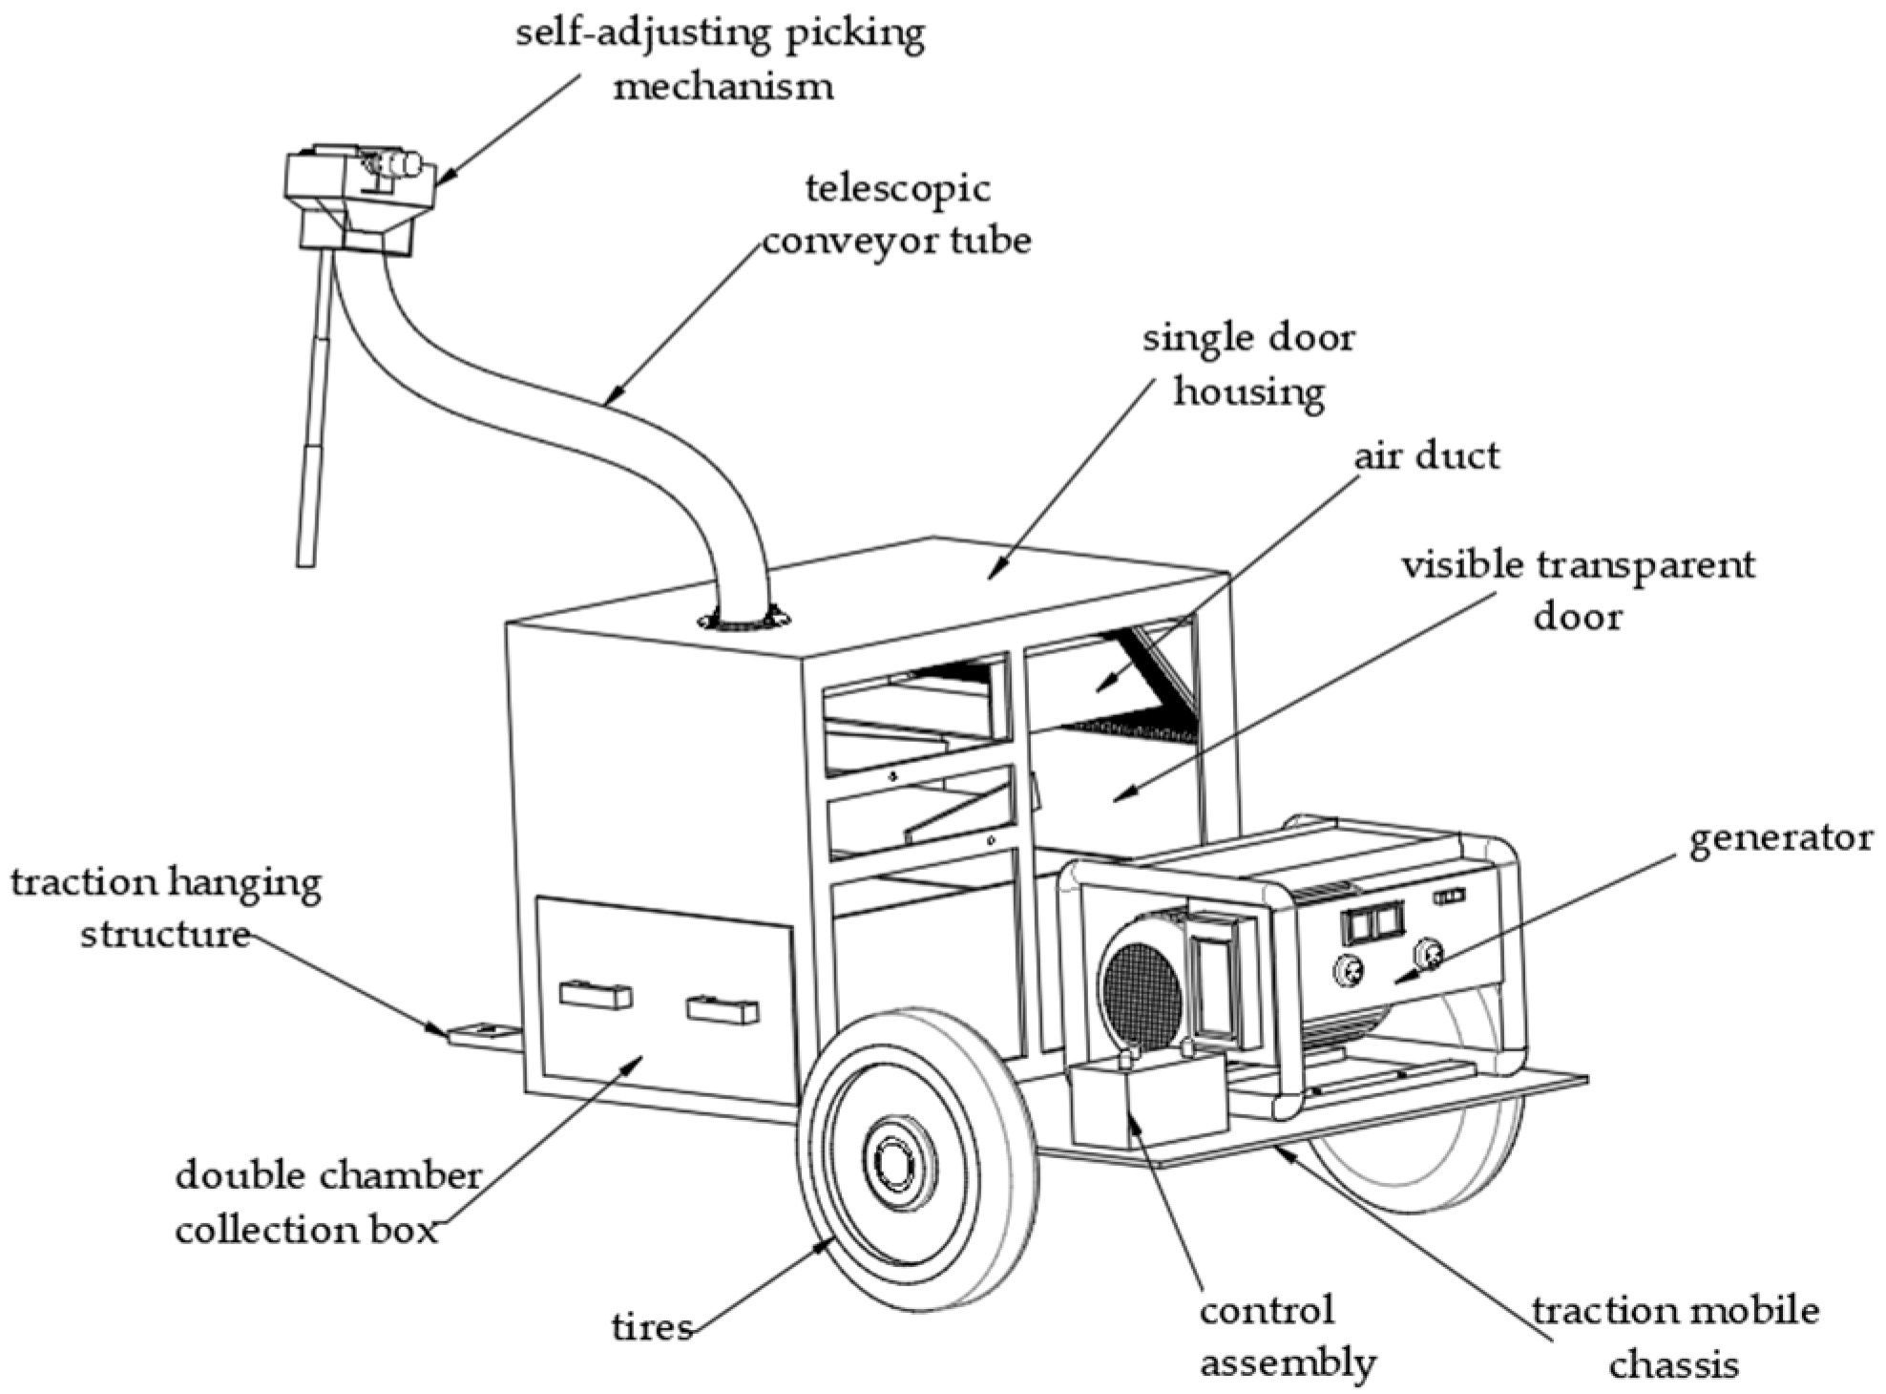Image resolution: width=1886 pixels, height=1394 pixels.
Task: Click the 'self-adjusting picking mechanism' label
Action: [721, 59]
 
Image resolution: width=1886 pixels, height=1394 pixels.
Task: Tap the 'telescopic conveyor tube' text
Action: [897, 215]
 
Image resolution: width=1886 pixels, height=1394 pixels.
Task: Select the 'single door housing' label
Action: [1248, 364]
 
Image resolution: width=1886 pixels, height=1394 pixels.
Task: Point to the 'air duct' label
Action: [1426, 455]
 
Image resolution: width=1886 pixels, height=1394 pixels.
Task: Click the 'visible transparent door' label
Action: [1577, 590]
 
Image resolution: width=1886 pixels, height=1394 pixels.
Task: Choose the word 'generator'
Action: [1780, 839]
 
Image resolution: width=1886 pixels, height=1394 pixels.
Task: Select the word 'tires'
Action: [652, 1326]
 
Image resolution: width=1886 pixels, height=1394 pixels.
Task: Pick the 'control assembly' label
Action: [1287, 1336]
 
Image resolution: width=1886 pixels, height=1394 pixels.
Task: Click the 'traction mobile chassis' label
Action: [1675, 1337]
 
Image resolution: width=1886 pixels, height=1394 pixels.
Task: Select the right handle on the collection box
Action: [723, 1009]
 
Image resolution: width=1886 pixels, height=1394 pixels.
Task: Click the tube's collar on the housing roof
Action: [744, 620]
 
